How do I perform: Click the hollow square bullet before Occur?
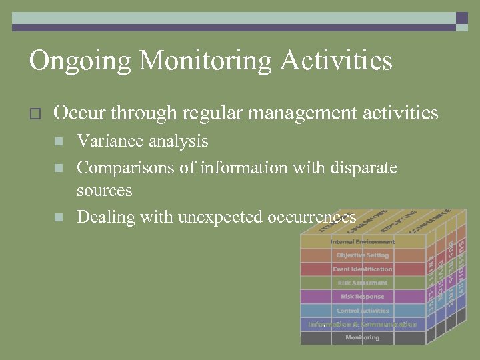click(x=36, y=114)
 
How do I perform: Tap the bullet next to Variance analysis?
click(x=59, y=141)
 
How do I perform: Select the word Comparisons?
click(x=125, y=167)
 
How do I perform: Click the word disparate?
click(x=363, y=167)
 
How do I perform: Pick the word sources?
click(x=105, y=191)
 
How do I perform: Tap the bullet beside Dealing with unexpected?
click(x=59, y=217)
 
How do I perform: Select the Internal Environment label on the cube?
click(x=362, y=241)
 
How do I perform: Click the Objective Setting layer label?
click(x=362, y=255)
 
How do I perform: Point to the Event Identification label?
click(x=362, y=269)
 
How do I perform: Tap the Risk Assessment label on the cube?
click(x=362, y=283)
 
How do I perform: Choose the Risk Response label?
click(x=362, y=297)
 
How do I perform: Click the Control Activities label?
click(x=362, y=311)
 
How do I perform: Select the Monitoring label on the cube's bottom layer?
click(x=362, y=338)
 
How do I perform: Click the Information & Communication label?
click(x=362, y=325)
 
